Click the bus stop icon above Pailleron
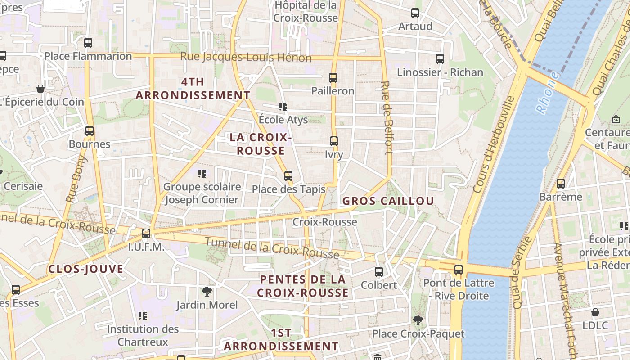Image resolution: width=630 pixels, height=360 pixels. pos(333,77)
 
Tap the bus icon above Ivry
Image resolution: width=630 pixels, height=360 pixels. pos(334,141)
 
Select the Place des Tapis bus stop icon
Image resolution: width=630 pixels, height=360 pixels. pos(288,176)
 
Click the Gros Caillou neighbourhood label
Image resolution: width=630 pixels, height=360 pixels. pos(388,201)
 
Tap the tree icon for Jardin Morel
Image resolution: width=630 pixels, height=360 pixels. pos(207,292)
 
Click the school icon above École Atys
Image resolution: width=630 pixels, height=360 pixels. pos(283,107)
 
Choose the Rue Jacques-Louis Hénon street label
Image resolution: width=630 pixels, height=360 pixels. pos(246,58)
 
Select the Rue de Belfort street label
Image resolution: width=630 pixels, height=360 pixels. pos(387,118)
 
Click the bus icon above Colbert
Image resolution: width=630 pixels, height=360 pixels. pos(379,272)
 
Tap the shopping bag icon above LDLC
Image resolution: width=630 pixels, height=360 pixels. pos(595,312)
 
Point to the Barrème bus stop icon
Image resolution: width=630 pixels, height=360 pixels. pos(561,184)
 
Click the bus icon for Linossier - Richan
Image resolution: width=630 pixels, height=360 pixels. pos(440,59)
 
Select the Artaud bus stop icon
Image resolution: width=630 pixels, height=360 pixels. pos(415,13)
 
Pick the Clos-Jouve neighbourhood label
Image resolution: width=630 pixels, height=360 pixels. pos(85,269)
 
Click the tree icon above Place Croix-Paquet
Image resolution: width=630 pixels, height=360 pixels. pos(418,320)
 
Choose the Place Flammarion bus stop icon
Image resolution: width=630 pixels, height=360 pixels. pos(88,43)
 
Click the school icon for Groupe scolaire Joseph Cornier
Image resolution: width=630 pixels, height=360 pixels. pos(202,173)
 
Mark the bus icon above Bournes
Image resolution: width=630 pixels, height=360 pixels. pos(90,131)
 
